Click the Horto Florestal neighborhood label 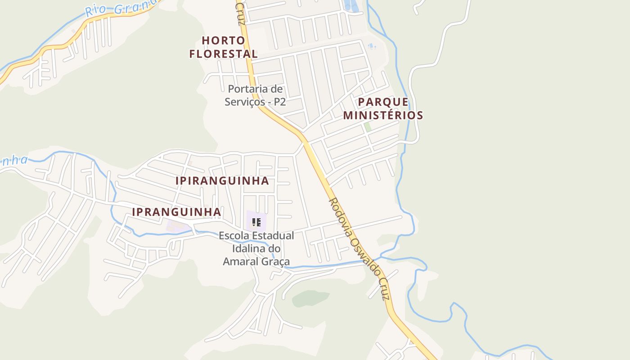(223, 47)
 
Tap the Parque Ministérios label (383, 108)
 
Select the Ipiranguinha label (222, 181)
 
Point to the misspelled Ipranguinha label (176, 212)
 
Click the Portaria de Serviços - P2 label (255, 95)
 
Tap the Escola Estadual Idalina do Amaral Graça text (256, 248)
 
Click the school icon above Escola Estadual (256, 222)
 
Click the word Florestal (223, 54)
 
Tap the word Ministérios (383, 115)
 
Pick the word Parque (383, 102)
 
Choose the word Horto (223, 40)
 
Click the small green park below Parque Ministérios (368, 127)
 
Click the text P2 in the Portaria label (279, 102)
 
